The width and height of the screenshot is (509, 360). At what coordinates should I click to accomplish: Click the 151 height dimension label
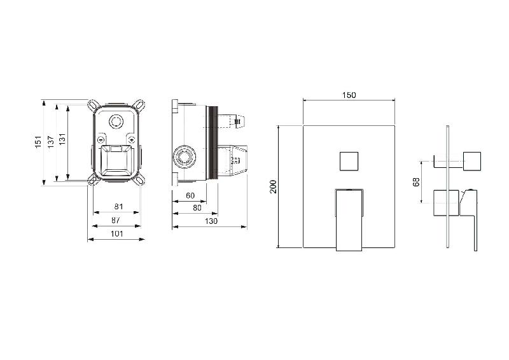(x=38, y=142)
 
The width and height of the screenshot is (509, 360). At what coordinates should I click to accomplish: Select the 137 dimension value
(x=51, y=142)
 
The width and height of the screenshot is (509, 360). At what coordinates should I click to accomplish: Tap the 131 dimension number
(x=62, y=139)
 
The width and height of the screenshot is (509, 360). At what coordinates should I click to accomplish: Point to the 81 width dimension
(x=119, y=207)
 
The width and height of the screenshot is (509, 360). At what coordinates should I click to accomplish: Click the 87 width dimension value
(x=116, y=220)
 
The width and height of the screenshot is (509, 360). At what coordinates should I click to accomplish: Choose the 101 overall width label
(x=117, y=233)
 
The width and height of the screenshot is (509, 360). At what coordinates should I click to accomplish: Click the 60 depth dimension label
(x=190, y=195)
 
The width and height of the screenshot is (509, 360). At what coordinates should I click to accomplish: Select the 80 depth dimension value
(x=197, y=208)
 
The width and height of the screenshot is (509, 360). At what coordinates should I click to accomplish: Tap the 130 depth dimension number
(x=211, y=221)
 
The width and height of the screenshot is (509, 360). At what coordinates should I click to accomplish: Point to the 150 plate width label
(x=349, y=95)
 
